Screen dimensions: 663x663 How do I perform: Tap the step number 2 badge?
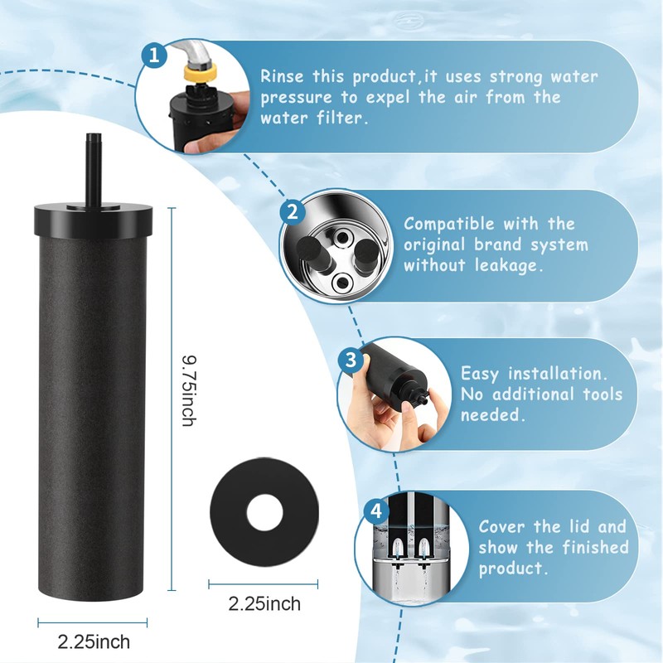(x=290, y=212)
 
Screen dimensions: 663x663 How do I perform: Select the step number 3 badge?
(x=351, y=360)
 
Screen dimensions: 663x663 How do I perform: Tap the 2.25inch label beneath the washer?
(x=264, y=603)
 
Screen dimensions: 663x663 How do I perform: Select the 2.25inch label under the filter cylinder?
(x=94, y=641)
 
